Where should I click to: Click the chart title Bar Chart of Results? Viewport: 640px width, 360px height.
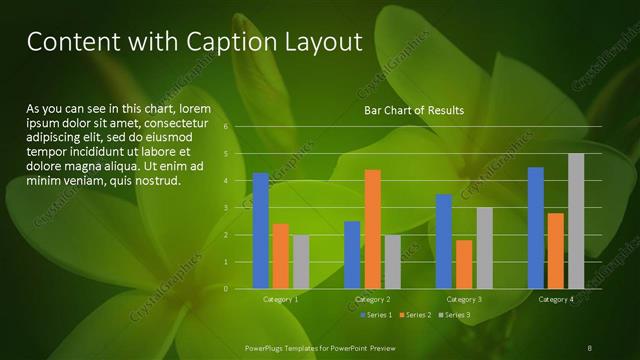click(412, 110)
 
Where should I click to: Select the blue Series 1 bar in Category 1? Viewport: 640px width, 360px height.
click(261, 230)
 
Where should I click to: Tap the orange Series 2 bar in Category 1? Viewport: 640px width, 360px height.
click(281, 256)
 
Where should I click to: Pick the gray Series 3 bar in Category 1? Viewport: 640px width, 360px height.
click(301, 261)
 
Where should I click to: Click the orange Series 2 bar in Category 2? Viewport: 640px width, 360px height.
click(372, 229)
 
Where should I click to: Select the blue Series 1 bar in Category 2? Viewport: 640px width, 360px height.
click(352, 254)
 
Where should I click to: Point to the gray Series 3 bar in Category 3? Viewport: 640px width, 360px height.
click(484, 248)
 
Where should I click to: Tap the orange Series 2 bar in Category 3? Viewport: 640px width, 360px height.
click(464, 264)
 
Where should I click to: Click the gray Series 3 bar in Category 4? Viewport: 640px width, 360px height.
click(575, 221)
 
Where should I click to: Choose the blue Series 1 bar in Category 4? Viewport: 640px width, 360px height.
click(536, 227)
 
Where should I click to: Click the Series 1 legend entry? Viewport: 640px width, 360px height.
click(375, 316)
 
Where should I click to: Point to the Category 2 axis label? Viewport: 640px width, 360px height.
click(372, 299)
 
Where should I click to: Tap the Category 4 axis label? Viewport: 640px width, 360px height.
click(555, 299)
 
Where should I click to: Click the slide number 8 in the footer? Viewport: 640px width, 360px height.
click(590, 347)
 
